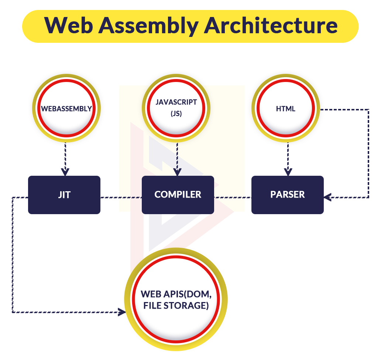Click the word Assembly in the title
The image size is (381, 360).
tap(148, 26)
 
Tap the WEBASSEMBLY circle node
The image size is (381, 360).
tap(66, 108)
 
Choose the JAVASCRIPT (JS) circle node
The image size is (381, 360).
tap(176, 108)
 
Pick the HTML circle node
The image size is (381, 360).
tap(286, 108)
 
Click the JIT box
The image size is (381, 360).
tap(64, 195)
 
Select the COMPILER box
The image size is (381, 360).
tap(178, 195)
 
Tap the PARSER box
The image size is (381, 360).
tap(288, 195)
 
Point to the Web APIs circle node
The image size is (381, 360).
tap(176, 299)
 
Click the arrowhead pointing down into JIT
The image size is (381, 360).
tap(65, 172)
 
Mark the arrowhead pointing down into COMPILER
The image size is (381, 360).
tap(177, 172)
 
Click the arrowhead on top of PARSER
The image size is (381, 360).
tap(288, 172)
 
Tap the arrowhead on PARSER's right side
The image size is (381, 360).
tap(327, 197)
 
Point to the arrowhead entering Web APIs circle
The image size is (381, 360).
tap(122, 312)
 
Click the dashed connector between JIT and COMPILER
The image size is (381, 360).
tap(121, 198)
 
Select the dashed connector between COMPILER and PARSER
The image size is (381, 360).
tap(233, 198)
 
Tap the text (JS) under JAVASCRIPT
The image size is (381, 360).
tap(176, 113)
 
